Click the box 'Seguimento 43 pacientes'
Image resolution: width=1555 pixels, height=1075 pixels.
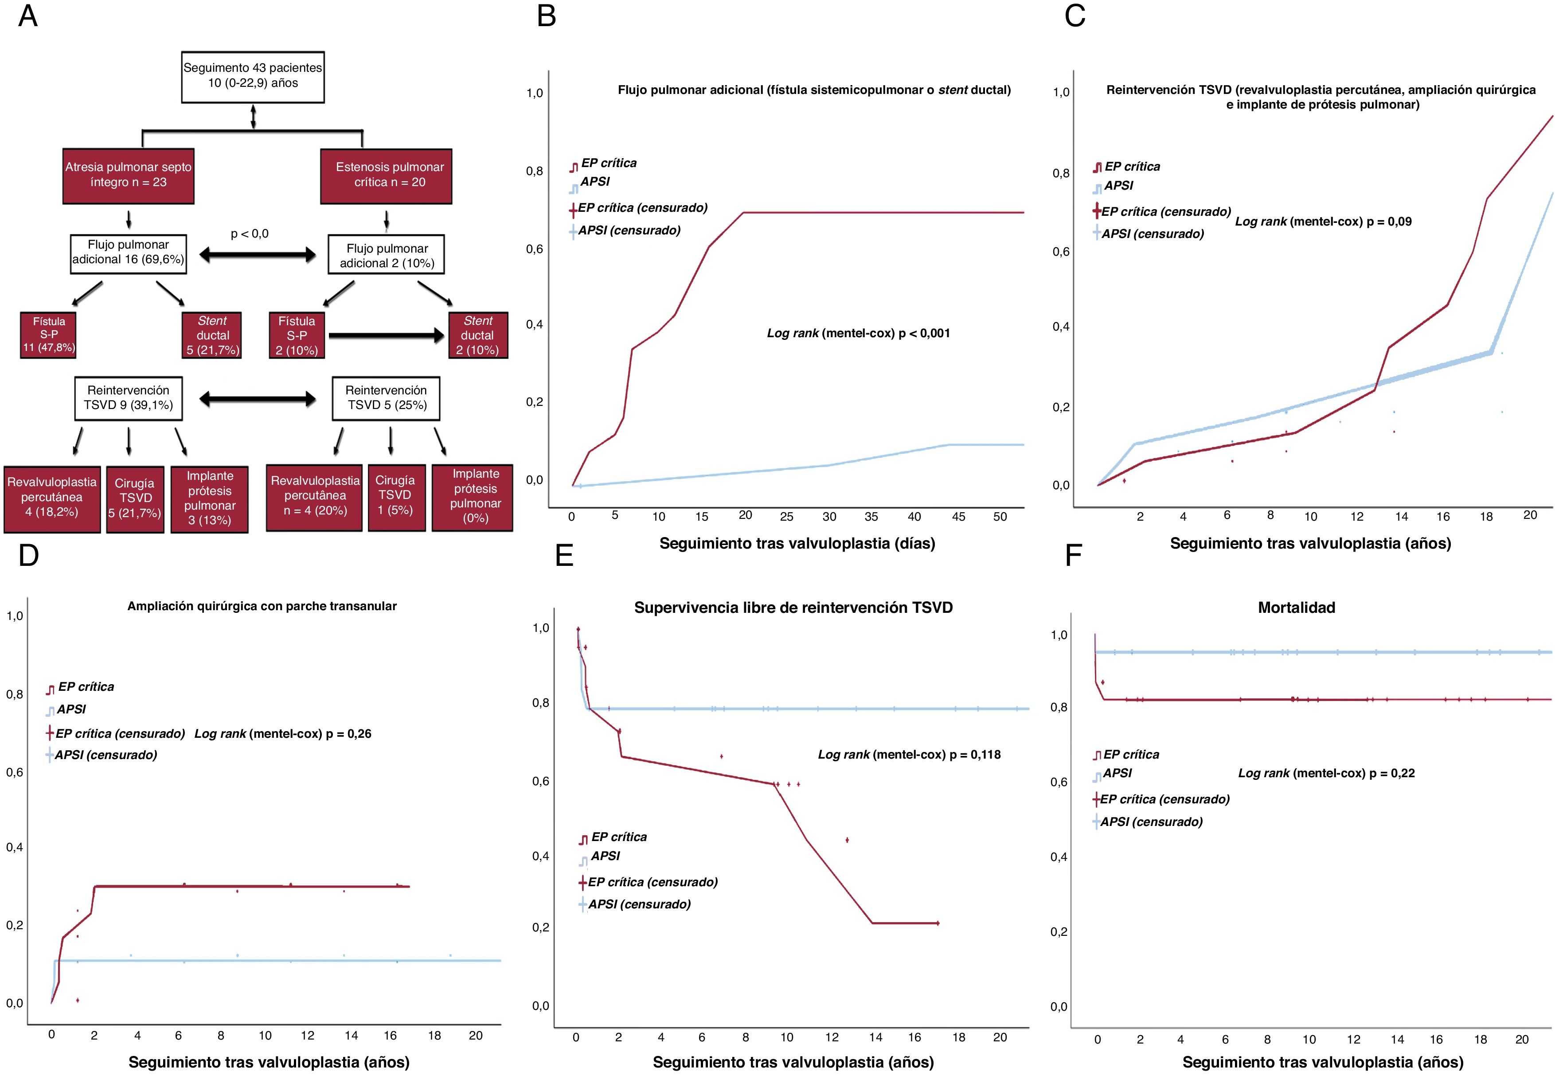coord(253,76)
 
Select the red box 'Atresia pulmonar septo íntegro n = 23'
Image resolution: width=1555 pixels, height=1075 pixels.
coord(128,175)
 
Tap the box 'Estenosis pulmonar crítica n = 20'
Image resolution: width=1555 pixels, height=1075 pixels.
coord(386,175)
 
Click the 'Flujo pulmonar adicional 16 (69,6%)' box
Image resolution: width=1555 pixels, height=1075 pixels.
coord(128,253)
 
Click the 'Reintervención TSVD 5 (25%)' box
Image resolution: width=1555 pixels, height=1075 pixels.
coord(386,398)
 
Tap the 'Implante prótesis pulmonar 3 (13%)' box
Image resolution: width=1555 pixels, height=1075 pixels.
coord(210,499)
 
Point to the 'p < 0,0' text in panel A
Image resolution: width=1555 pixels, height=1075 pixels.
coord(249,234)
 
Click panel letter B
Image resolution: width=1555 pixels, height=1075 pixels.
coord(547,16)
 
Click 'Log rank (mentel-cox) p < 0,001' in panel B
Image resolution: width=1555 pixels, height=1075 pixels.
coord(858,333)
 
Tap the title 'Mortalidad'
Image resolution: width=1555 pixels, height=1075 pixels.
coord(1296,608)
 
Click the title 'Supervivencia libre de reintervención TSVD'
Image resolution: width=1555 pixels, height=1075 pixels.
coord(793,608)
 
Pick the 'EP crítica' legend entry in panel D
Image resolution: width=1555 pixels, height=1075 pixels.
coord(86,687)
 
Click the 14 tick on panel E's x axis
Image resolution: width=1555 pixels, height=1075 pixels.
coord(875,1037)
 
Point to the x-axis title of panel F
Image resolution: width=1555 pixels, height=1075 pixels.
coord(1323,1062)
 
